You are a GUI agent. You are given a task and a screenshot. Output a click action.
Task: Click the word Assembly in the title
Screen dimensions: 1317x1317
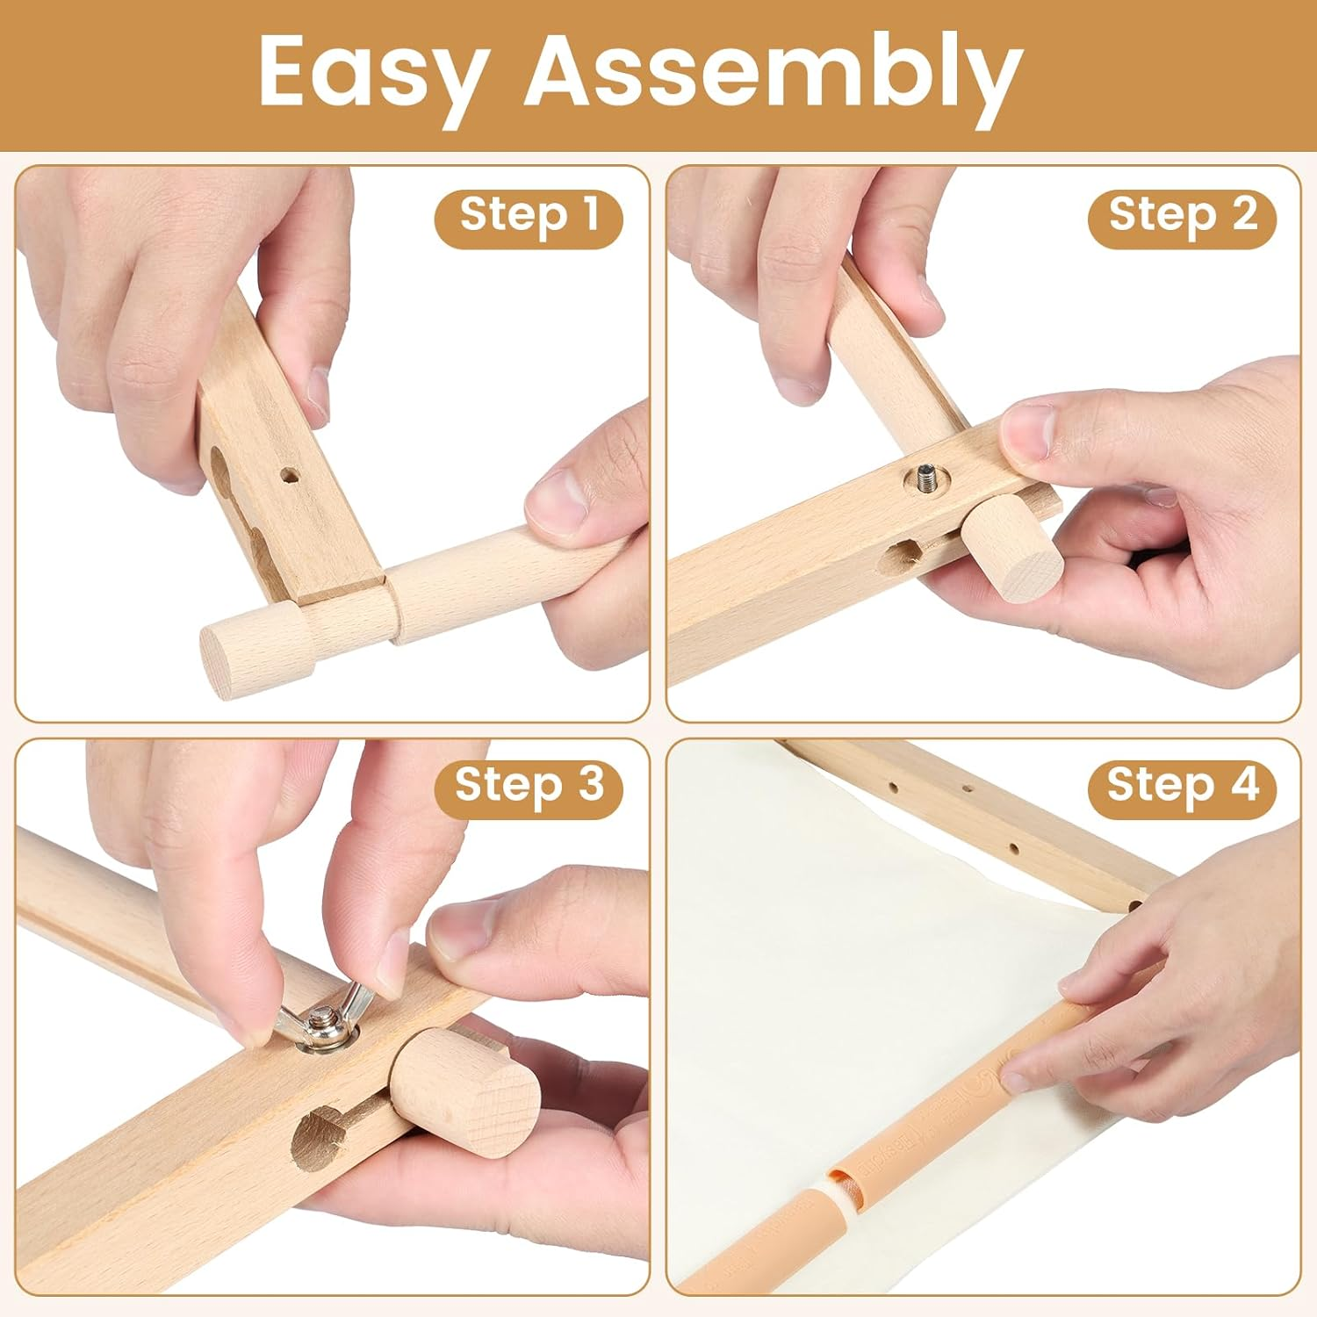coord(773,75)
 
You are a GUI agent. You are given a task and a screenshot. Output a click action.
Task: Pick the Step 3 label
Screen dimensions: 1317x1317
coord(529,783)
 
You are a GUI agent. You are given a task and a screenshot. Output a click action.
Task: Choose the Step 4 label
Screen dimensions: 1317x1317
coord(1182,783)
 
